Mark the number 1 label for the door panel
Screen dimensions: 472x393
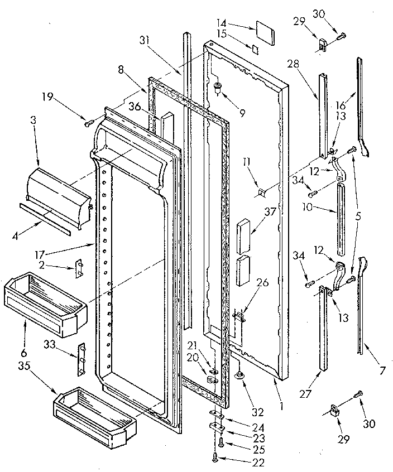tap(282, 407)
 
